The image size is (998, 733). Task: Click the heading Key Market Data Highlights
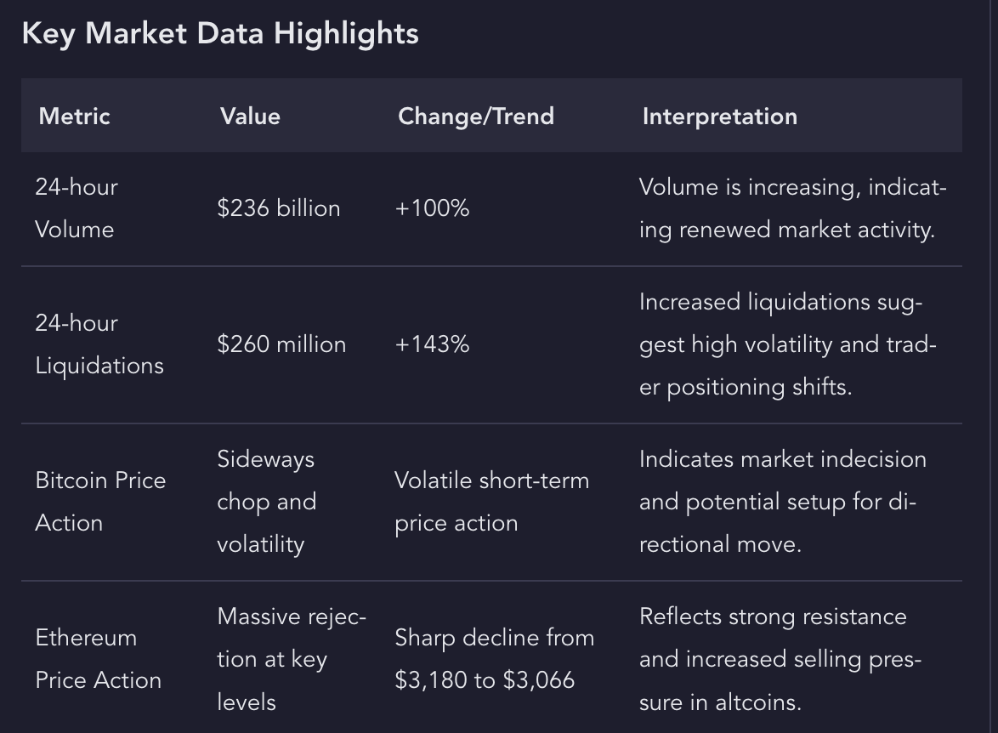pyautogui.click(x=219, y=34)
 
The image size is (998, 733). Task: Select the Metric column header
pyautogui.click(x=74, y=116)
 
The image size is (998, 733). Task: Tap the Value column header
pyautogui.click(x=250, y=116)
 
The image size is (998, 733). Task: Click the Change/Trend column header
pyautogui.click(x=475, y=116)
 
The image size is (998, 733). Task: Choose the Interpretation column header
pyautogui.click(x=719, y=116)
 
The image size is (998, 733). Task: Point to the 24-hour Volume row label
pyautogui.click(x=76, y=208)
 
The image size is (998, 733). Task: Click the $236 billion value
pyautogui.click(x=278, y=208)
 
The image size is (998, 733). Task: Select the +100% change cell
pyautogui.click(x=432, y=208)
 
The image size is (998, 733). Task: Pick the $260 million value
pyautogui.click(x=281, y=344)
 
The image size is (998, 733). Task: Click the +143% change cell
pyautogui.click(x=432, y=344)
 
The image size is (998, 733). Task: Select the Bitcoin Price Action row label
pyautogui.click(x=99, y=502)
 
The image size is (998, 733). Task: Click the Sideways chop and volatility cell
pyautogui.click(x=266, y=502)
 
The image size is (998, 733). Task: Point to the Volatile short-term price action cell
pyautogui.click(x=491, y=502)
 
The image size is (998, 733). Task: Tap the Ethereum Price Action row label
pyautogui.click(x=98, y=659)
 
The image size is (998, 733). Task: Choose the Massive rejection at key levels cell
pyautogui.click(x=291, y=659)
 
